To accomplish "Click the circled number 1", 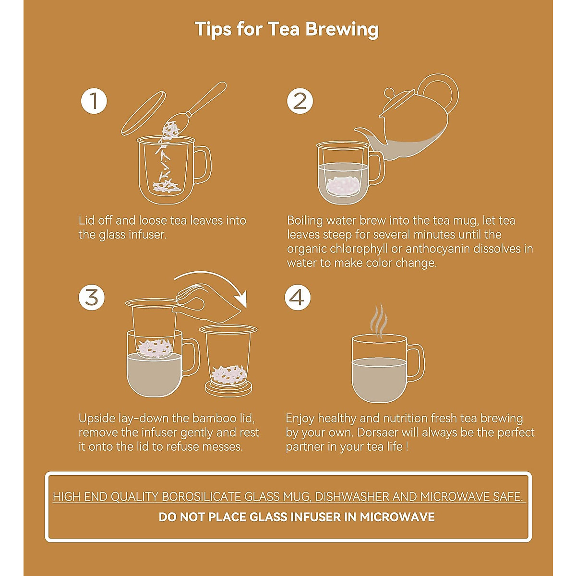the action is (94, 101).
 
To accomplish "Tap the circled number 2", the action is (300, 101).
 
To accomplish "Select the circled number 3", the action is (92, 298).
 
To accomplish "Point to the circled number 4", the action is (298, 298).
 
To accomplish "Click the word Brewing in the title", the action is (342, 30).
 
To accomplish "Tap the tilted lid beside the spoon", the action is (144, 113).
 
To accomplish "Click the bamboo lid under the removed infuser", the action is (228, 388).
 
